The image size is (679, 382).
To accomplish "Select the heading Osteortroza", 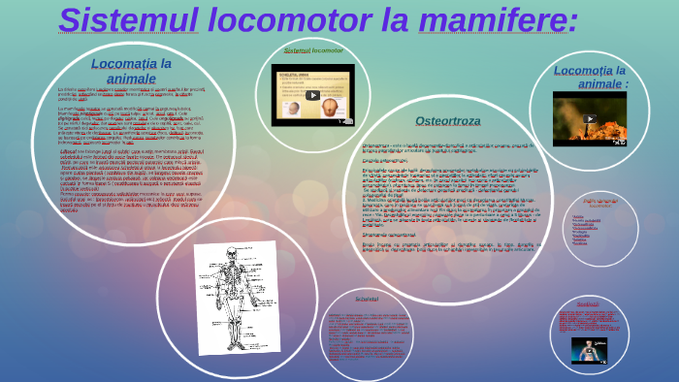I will [447, 121].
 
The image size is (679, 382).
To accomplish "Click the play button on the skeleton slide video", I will [312, 95].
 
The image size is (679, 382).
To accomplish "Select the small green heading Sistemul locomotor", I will [312, 49].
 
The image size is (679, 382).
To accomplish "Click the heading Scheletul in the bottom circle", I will [367, 298].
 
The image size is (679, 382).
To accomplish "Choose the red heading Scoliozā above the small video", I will [587, 304].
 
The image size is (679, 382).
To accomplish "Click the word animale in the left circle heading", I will [131, 78].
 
